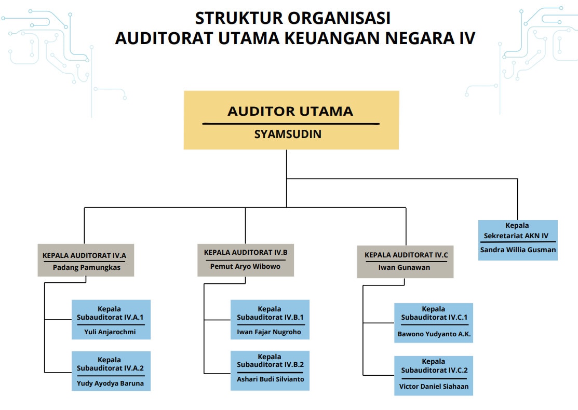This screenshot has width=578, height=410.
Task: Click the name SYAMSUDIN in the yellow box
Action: (x=288, y=134)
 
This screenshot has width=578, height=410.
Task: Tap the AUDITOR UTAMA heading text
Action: (x=290, y=111)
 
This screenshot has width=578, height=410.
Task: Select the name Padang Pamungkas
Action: (x=87, y=267)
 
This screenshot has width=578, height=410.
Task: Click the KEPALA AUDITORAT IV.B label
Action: (x=246, y=252)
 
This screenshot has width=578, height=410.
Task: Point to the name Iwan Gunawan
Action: (x=404, y=267)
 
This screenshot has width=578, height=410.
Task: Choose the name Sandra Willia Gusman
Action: (x=518, y=250)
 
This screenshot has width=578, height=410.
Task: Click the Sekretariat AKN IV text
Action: (x=516, y=236)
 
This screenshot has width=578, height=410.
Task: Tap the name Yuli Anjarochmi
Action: (x=110, y=332)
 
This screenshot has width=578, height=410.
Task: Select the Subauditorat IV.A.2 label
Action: (x=110, y=368)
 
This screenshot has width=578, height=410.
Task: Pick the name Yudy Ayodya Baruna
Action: (x=110, y=384)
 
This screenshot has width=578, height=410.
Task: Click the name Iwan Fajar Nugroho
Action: (x=268, y=332)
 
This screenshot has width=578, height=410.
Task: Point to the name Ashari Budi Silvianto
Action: (x=270, y=379)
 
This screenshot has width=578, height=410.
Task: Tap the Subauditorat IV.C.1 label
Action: (x=434, y=317)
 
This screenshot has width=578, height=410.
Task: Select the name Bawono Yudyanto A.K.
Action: (x=434, y=334)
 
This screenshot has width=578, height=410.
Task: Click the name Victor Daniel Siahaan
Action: (x=434, y=387)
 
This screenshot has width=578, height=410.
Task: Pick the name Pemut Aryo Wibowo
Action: (x=245, y=266)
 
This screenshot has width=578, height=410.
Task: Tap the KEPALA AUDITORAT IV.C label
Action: (x=406, y=255)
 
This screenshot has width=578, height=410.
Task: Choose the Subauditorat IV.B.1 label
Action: (x=270, y=317)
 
